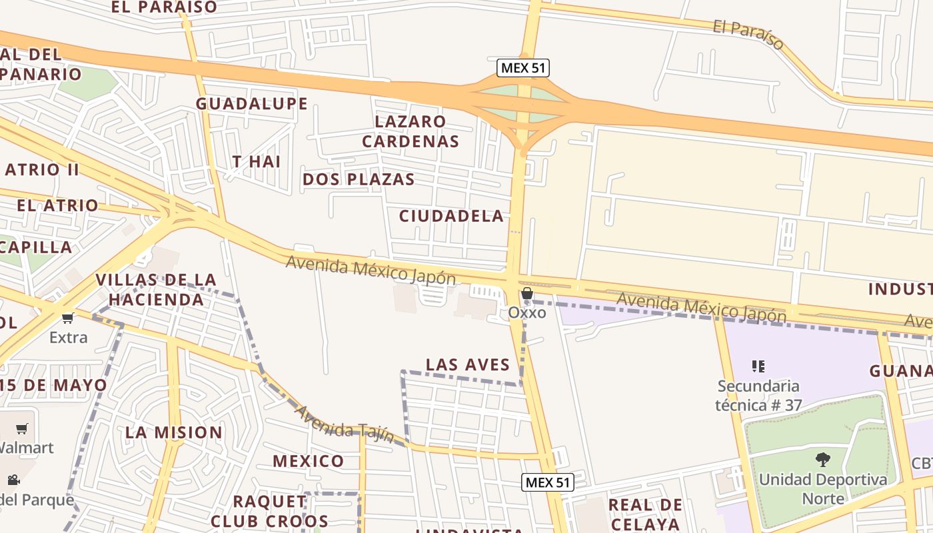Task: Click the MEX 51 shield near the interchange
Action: tap(523, 68)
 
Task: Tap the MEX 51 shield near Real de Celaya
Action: tap(548, 482)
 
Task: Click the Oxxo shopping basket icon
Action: tap(527, 294)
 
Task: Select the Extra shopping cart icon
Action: tap(67, 318)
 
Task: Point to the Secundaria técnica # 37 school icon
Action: tap(758, 366)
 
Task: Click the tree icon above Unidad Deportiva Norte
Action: tap(823, 459)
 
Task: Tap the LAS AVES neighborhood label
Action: tap(468, 364)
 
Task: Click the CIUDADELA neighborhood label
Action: tap(451, 216)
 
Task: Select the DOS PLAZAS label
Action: tap(359, 179)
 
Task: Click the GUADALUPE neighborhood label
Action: tap(251, 103)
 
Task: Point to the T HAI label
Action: tap(257, 161)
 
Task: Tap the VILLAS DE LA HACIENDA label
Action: tap(156, 289)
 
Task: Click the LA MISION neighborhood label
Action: tap(174, 432)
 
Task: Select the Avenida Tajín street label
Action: tap(344, 424)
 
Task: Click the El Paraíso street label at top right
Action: tap(748, 34)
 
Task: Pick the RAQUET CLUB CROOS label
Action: tap(269, 510)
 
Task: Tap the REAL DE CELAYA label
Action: tap(644, 514)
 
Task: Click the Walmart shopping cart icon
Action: tap(22, 428)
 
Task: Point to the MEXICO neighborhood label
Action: tap(308, 460)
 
